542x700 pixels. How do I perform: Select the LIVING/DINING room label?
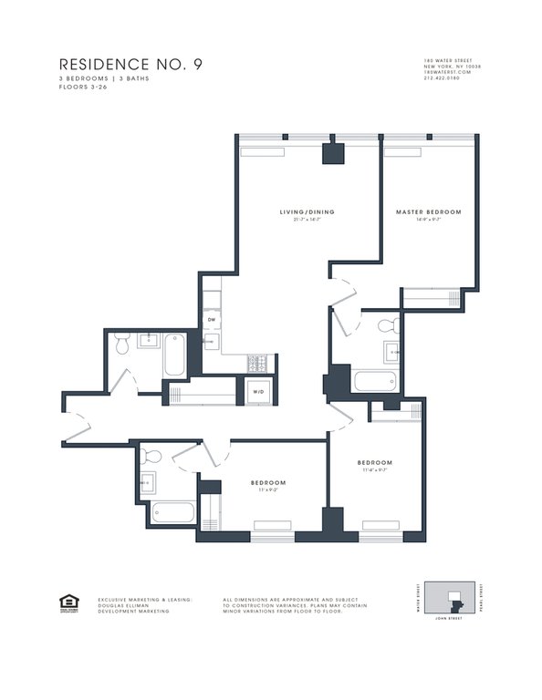coord(307,212)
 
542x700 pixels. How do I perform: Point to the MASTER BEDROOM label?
coord(428,212)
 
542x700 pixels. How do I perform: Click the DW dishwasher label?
coord(211,320)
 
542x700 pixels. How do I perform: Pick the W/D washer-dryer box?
coord(256,393)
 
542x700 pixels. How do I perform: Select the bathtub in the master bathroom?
coord(373,382)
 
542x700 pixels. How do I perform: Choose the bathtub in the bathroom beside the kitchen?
coord(175,356)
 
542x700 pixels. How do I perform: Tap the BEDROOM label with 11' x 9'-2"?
coord(268,482)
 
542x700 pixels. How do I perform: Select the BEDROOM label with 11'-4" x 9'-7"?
coord(375,463)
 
